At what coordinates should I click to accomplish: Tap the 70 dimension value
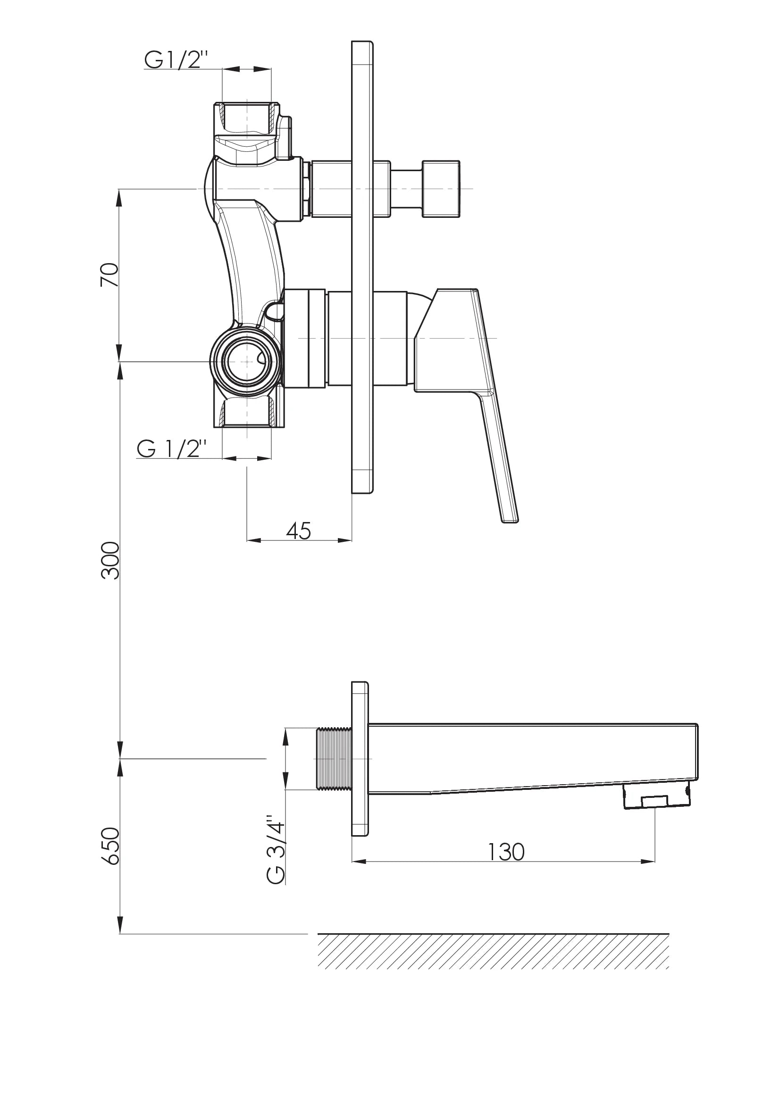point(109,275)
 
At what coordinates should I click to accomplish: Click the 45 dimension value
point(298,531)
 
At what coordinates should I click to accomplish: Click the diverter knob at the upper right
point(440,189)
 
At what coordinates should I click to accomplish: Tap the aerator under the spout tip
point(656,797)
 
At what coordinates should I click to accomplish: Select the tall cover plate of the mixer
point(362,267)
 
